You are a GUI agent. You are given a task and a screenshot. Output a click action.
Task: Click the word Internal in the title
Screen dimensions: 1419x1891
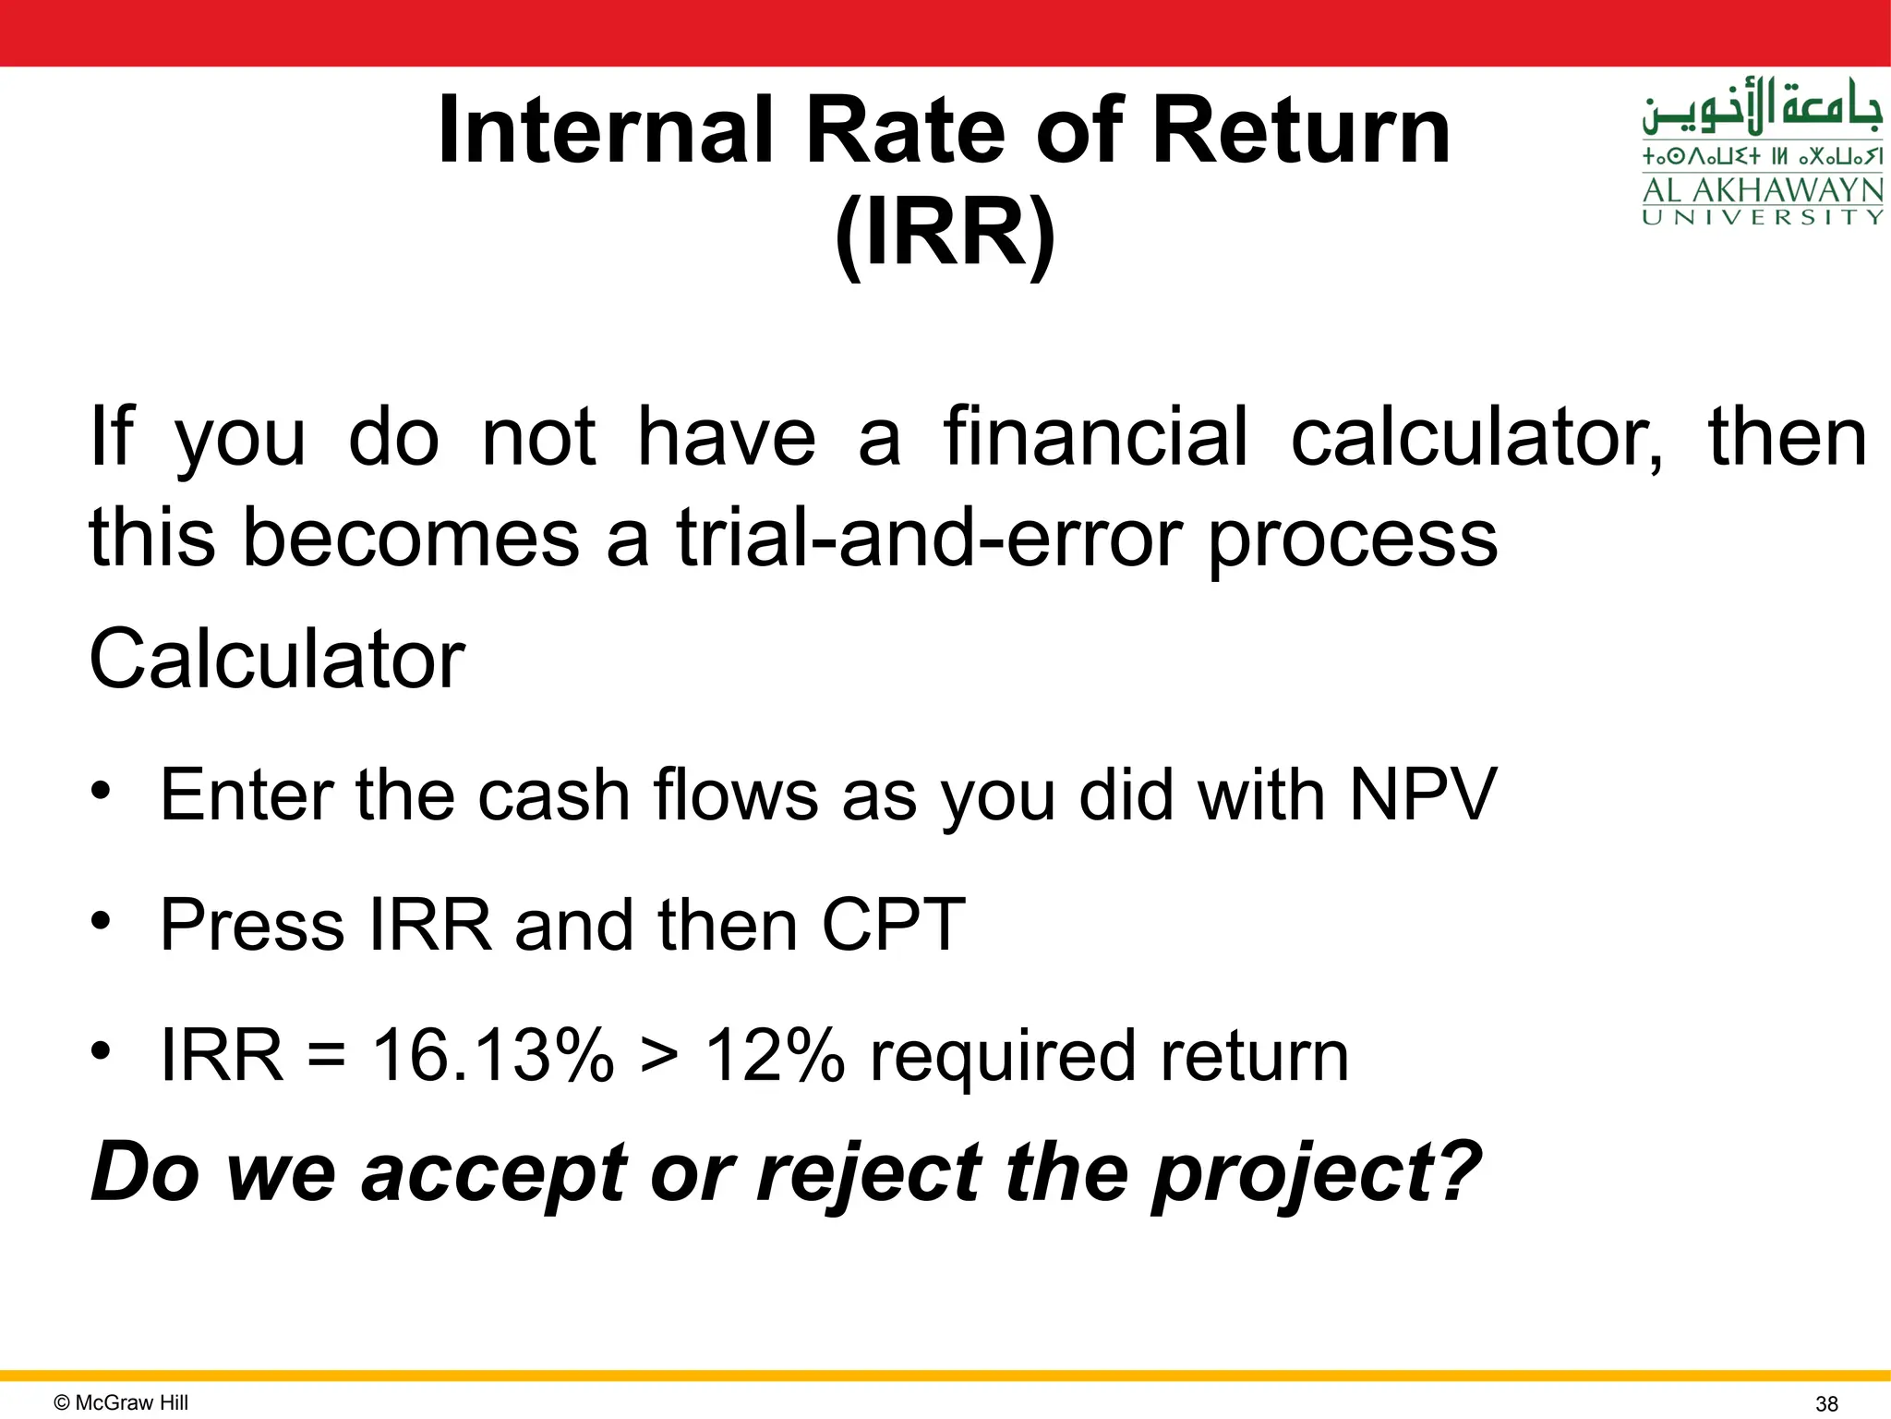coord(605,131)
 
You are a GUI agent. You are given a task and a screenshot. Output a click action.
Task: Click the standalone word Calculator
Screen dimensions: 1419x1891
coord(277,659)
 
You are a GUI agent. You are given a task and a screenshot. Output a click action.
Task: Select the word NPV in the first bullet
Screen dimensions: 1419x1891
coord(1422,794)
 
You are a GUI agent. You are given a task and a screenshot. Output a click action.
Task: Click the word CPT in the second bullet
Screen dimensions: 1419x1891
coord(892,925)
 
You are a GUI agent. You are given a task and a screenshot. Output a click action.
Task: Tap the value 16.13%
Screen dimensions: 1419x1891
coord(492,1055)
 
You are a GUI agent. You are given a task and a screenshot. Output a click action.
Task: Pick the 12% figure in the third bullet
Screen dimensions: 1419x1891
coord(774,1055)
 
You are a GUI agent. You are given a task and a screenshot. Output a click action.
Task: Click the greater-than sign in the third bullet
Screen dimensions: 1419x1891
coord(658,1057)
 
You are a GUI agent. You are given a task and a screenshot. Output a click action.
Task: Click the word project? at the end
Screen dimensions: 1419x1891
coord(1315,1173)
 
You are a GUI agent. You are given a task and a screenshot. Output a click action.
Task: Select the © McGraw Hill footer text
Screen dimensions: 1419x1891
coord(121,1402)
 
